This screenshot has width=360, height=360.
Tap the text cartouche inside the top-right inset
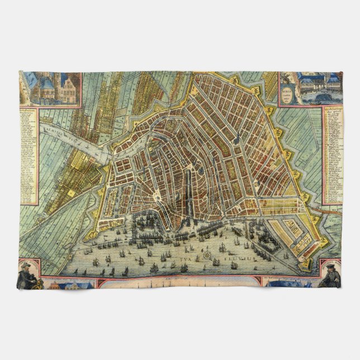point(288,91)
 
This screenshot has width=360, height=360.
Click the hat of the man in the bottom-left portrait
point(26,266)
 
